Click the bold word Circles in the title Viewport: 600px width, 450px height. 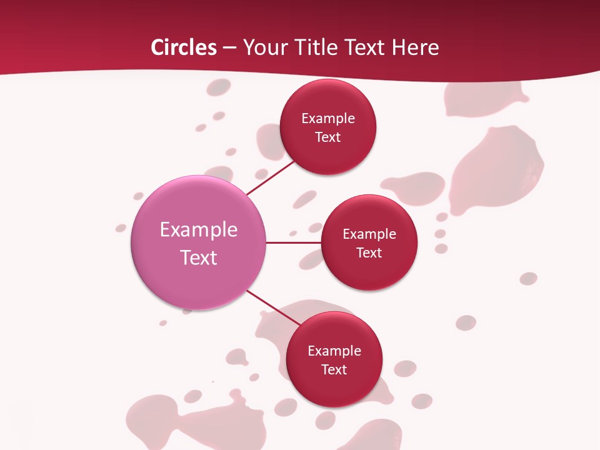coord(184,47)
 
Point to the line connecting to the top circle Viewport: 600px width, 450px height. coord(271,177)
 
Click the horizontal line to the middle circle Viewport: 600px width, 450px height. coord(293,242)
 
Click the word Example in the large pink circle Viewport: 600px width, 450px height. coord(199,230)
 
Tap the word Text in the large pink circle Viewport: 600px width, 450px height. coord(199,257)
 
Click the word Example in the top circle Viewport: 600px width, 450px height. coord(328,119)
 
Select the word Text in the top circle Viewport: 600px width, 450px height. coord(328,137)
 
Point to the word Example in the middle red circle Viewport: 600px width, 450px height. coord(369,234)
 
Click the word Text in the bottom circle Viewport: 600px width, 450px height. coord(334,370)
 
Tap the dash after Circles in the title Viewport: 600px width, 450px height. coord(229,47)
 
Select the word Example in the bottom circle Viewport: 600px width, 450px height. coord(334,351)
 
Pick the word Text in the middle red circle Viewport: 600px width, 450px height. coord(369,253)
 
